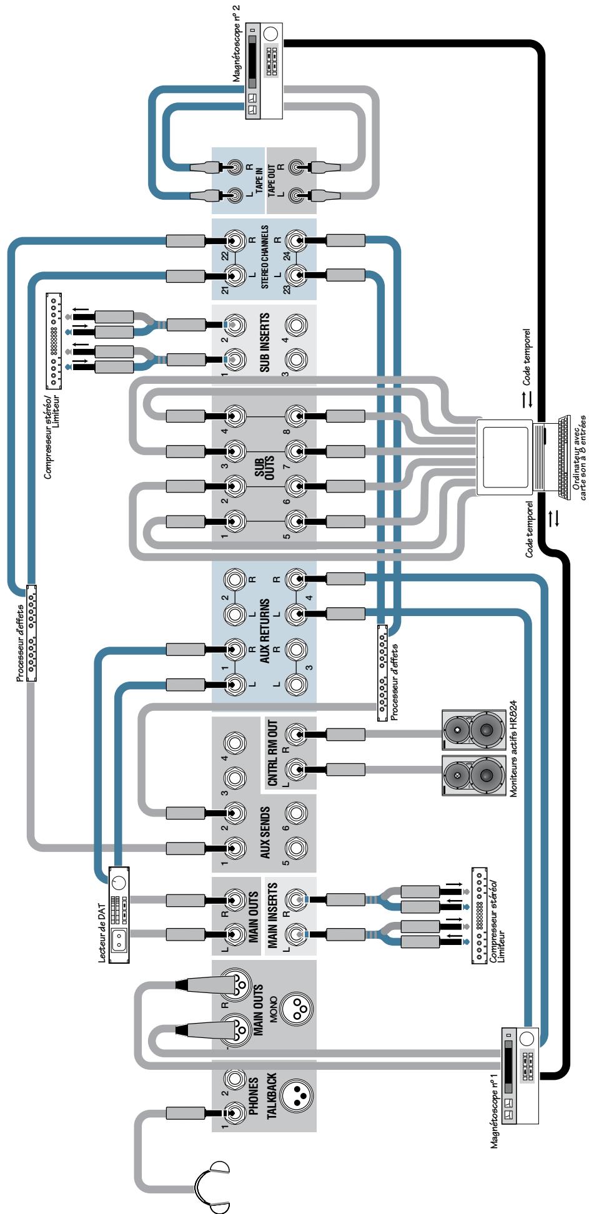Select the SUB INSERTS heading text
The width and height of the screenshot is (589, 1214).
coord(265,343)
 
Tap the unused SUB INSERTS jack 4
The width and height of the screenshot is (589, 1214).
coord(296,325)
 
